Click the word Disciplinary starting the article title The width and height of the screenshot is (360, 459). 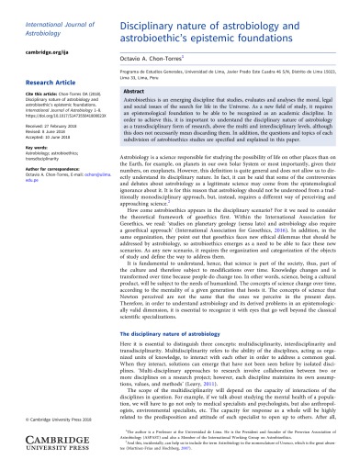(148, 12)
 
